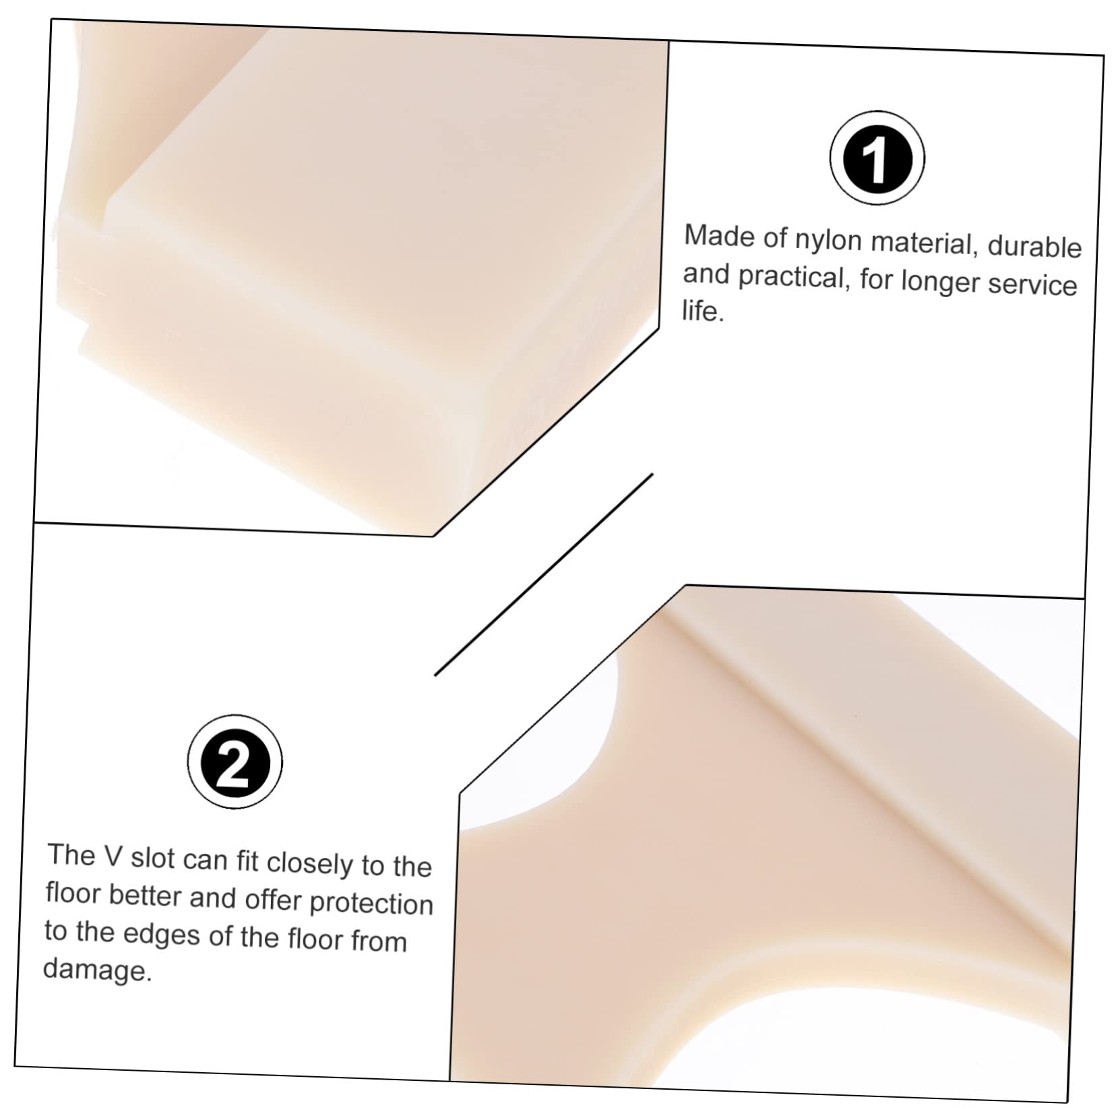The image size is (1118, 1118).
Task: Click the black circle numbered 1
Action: [876, 158]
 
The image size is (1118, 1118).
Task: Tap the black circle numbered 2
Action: [235, 762]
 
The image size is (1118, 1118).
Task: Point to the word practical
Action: [791, 277]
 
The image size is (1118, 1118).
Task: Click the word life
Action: [702, 311]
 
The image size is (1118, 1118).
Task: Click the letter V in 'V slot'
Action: [112, 856]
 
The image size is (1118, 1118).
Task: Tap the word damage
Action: [97, 970]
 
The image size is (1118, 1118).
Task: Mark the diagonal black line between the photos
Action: [543, 574]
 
